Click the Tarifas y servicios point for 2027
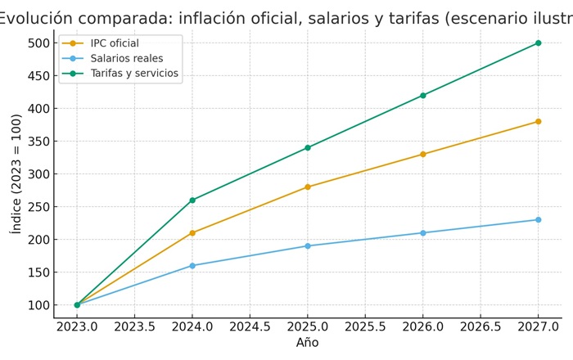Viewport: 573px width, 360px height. (x=538, y=43)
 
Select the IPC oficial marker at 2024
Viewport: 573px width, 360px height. (x=192, y=233)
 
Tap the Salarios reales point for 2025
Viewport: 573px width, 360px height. (x=308, y=246)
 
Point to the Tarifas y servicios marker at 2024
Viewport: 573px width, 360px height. (x=192, y=200)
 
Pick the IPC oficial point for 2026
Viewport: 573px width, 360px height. (x=423, y=155)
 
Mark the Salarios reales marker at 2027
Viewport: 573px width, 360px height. (x=538, y=220)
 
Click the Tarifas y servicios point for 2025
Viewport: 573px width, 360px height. (x=308, y=148)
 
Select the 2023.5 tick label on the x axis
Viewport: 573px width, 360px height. (x=134, y=326)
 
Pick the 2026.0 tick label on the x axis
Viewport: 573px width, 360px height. (x=423, y=326)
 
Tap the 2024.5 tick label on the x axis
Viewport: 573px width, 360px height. (x=250, y=326)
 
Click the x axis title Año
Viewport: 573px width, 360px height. (x=307, y=343)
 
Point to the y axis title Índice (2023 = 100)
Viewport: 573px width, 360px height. (x=16, y=173)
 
